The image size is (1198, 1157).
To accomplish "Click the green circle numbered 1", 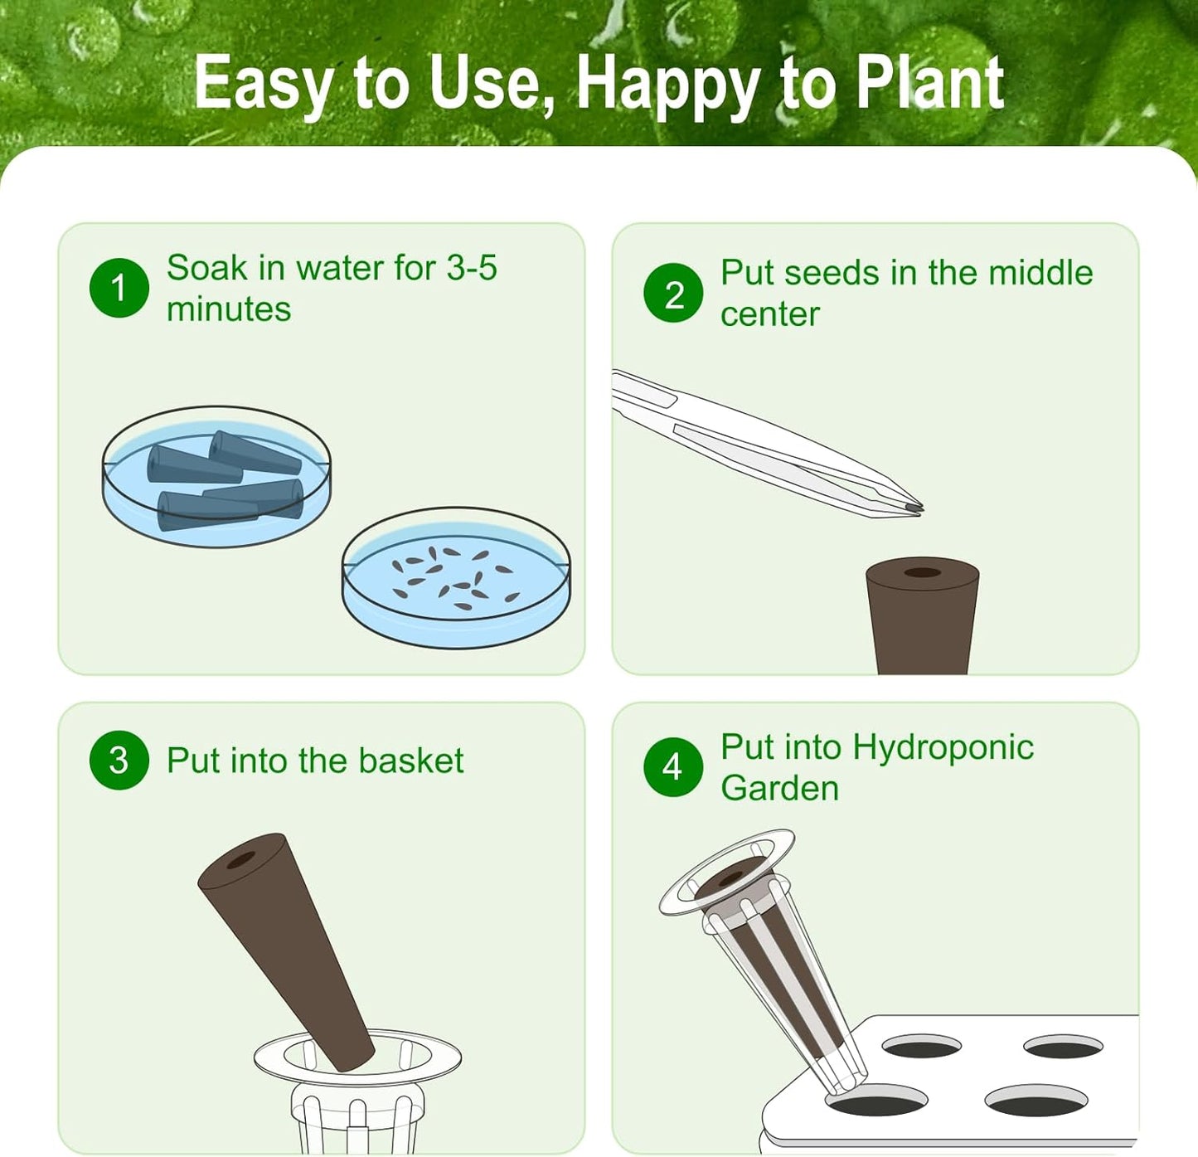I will click(x=119, y=288).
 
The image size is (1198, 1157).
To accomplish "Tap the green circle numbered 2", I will click(x=673, y=293).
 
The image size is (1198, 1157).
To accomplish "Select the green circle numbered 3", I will click(x=119, y=760).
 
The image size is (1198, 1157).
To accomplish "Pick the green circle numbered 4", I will click(x=673, y=766).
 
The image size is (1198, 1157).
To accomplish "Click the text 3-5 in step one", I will click(x=472, y=268).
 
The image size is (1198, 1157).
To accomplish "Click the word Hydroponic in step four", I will click(x=943, y=747).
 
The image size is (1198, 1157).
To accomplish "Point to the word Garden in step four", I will click(x=779, y=788).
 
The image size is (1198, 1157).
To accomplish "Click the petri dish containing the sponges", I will click(x=216, y=477).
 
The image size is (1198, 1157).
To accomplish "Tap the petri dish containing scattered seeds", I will click(x=456, y=578).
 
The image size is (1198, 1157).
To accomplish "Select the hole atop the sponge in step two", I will click(x=922, y=572).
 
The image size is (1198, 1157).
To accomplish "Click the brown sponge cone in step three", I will click(x=286, y=946).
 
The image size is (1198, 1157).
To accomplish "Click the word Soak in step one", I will click(x=206, y=268).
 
